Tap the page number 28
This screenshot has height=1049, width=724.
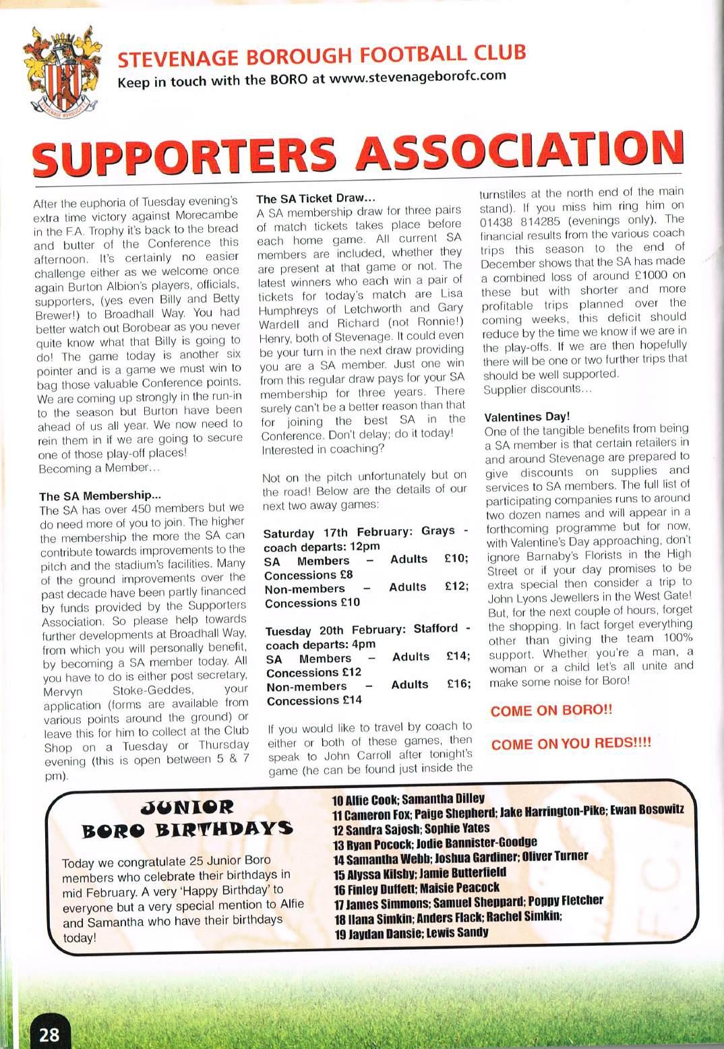[x=49, y=1033]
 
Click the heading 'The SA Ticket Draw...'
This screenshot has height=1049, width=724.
[x=311, y=199]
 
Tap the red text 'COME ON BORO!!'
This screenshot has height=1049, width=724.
[x=551, y=711]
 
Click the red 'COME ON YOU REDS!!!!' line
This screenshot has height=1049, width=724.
[x=571, y=745]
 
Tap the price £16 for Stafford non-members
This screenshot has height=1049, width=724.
[x=458, y=684]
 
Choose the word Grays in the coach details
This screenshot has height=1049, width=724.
[x=438, y=531]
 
